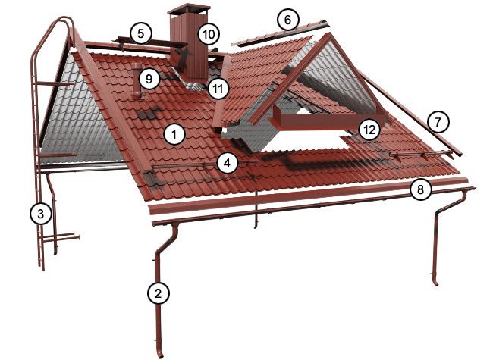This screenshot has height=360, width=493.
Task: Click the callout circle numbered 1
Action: pos(174,134)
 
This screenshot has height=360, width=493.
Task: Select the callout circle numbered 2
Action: pos(159,293)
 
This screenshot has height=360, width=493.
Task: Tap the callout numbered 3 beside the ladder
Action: pos(40,214)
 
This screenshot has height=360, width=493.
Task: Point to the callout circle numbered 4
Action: pos(228,164)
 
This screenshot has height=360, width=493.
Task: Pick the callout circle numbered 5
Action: pos(141,33)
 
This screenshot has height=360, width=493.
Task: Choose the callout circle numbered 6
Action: pos(288,20)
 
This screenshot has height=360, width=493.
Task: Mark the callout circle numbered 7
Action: pos(438,121)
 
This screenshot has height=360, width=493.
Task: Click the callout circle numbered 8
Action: pos(421,189)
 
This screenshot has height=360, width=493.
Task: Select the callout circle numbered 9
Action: pos(149,79)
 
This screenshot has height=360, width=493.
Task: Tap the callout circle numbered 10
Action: pos(209,34)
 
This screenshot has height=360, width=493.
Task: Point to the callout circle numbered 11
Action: pos(218,89)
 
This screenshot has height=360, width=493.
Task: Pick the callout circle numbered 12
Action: pos(369,130)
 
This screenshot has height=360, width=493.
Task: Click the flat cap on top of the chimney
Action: pos(189,9)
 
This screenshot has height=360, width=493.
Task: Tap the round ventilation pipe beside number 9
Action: pos(137,80)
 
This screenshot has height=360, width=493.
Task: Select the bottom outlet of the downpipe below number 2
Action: pos(160,354)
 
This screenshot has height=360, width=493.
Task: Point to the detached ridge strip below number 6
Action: pos(281,33)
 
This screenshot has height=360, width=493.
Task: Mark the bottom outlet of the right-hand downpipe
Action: pos(435,282)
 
